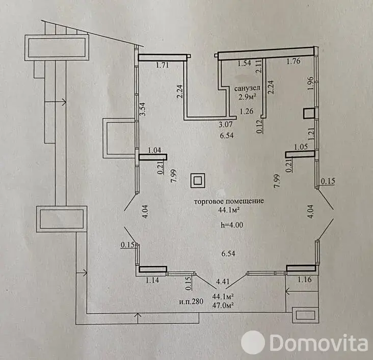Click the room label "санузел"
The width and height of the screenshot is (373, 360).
[246, 89]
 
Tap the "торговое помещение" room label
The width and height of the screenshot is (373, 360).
[229, 201]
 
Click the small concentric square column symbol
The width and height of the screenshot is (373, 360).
[198, 180]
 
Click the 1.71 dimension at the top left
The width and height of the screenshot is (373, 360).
[162, 65]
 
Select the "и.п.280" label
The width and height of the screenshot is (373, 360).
[192, 301]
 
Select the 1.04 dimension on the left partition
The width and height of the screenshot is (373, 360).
[154, 151]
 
